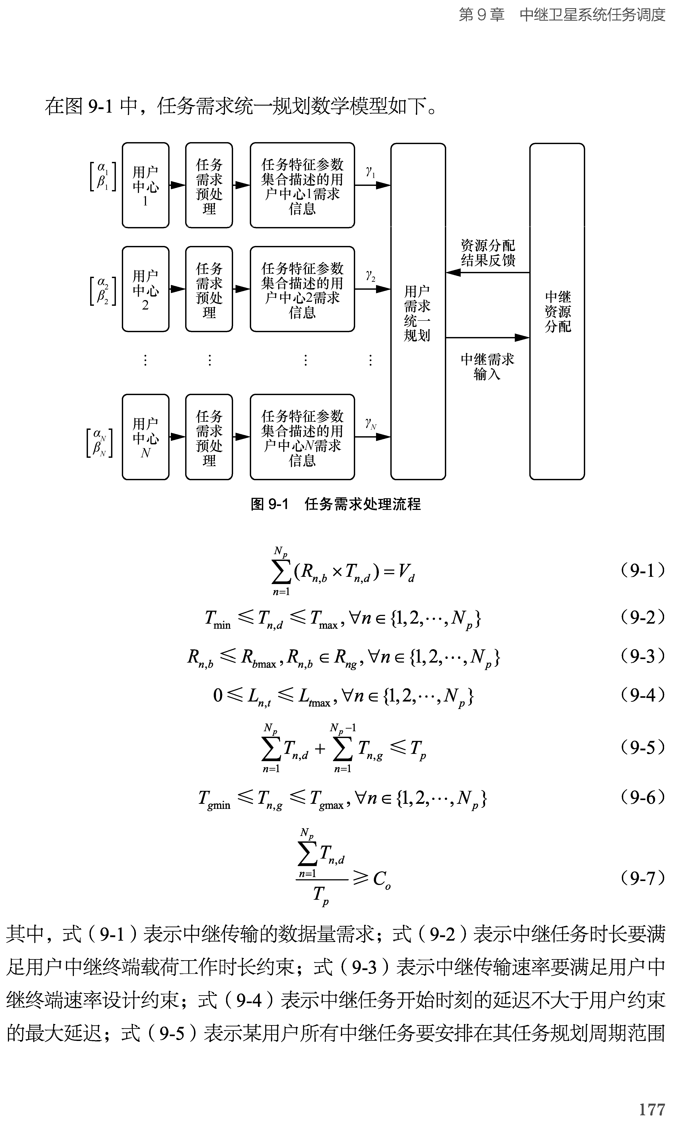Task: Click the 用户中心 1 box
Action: coord(145,185)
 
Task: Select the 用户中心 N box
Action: coord(145,437)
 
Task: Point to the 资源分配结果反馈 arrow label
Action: coord(488,253)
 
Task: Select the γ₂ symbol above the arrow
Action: coord(371,276)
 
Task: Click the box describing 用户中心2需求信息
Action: coord(302,289)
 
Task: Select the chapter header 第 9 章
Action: coord(481,15)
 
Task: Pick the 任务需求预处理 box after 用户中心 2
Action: coord(209,289)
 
